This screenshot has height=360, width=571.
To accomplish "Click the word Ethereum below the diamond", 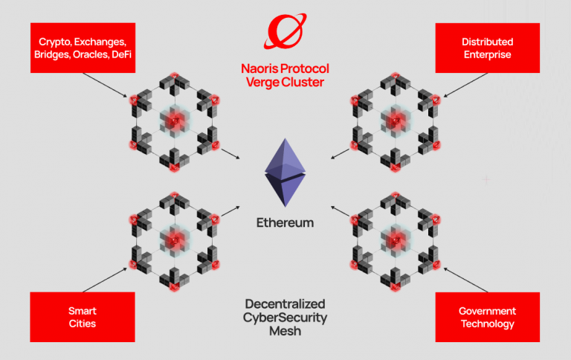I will pyautogui.click(x=285, y=222).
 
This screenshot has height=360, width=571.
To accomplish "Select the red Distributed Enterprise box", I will pyautogui.click(x=487, y=48).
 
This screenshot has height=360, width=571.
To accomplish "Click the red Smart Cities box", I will pyautogui.click(x=83, y=317).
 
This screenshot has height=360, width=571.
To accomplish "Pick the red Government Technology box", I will pyautogui.click(x=487, y=317).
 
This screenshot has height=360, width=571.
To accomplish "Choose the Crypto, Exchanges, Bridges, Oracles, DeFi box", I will pyautogui.click(x=83, y=48).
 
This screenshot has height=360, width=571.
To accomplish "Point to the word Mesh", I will pyautogui.click(x=285, y=332).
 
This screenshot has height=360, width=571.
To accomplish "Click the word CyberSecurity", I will pyautogui.click(x=285, y=318).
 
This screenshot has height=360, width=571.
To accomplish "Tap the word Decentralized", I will pyautogui.click(x=285, y=303).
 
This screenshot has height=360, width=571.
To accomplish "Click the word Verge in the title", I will pyautogui.click(x=262, y=82).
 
